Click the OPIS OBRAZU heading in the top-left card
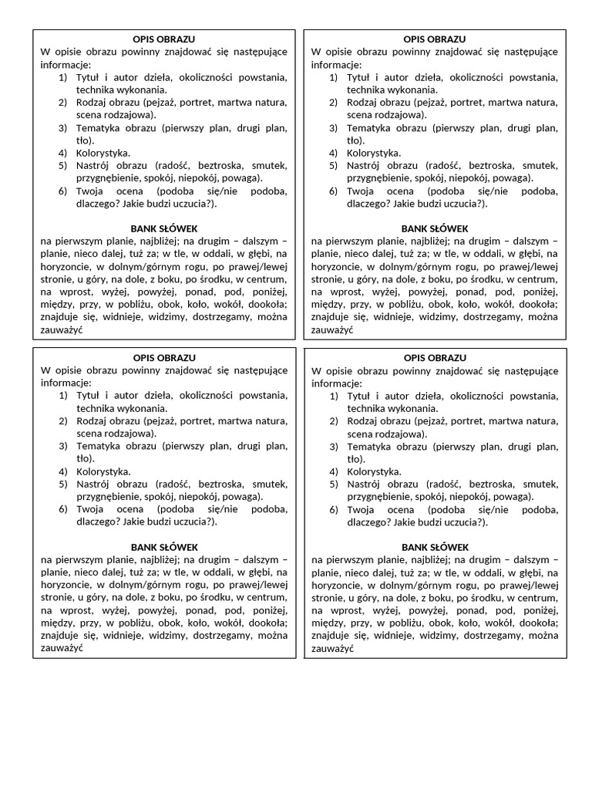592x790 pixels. coord(163,39)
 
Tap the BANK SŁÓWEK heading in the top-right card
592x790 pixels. coord(435,228)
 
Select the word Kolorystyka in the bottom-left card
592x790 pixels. coord(103,471)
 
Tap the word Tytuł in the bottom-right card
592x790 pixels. coord(359,396)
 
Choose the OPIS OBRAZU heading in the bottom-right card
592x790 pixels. coord(435,358)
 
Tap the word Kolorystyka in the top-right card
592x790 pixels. coord(374,153)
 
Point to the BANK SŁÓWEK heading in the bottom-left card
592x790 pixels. coord(164,547)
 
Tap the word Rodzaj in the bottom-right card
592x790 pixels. coord(362,421)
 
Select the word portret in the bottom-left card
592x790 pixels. coord(198,421)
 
